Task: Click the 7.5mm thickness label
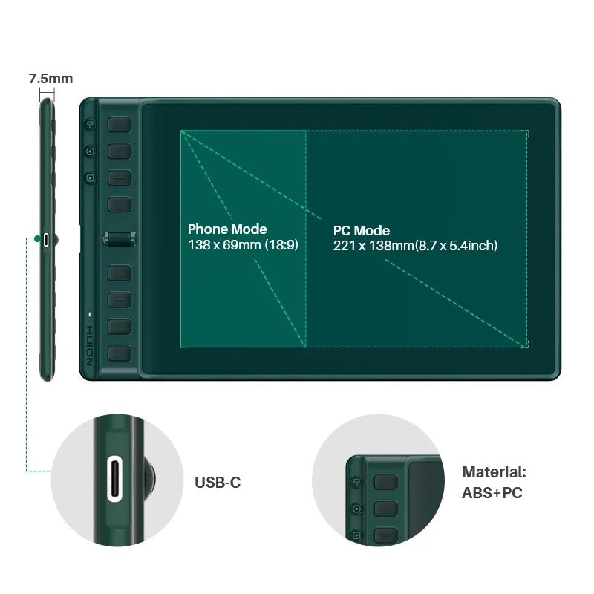[50, 78]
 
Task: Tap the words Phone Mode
[227, 229]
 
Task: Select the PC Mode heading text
[362, 231]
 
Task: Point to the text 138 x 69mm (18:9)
[243, 244]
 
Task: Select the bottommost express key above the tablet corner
[119, 353]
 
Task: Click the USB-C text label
[218, 483]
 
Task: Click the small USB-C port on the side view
[47, 239]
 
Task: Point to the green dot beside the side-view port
[35, 239]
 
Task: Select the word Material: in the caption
[494, 471]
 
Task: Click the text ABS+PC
[492, 492]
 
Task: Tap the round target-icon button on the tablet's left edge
[90, 151]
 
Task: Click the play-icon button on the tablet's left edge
[90, 177]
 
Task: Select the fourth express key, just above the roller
[119, 204]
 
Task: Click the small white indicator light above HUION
[90, 313]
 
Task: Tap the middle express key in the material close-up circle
[386, 509]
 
